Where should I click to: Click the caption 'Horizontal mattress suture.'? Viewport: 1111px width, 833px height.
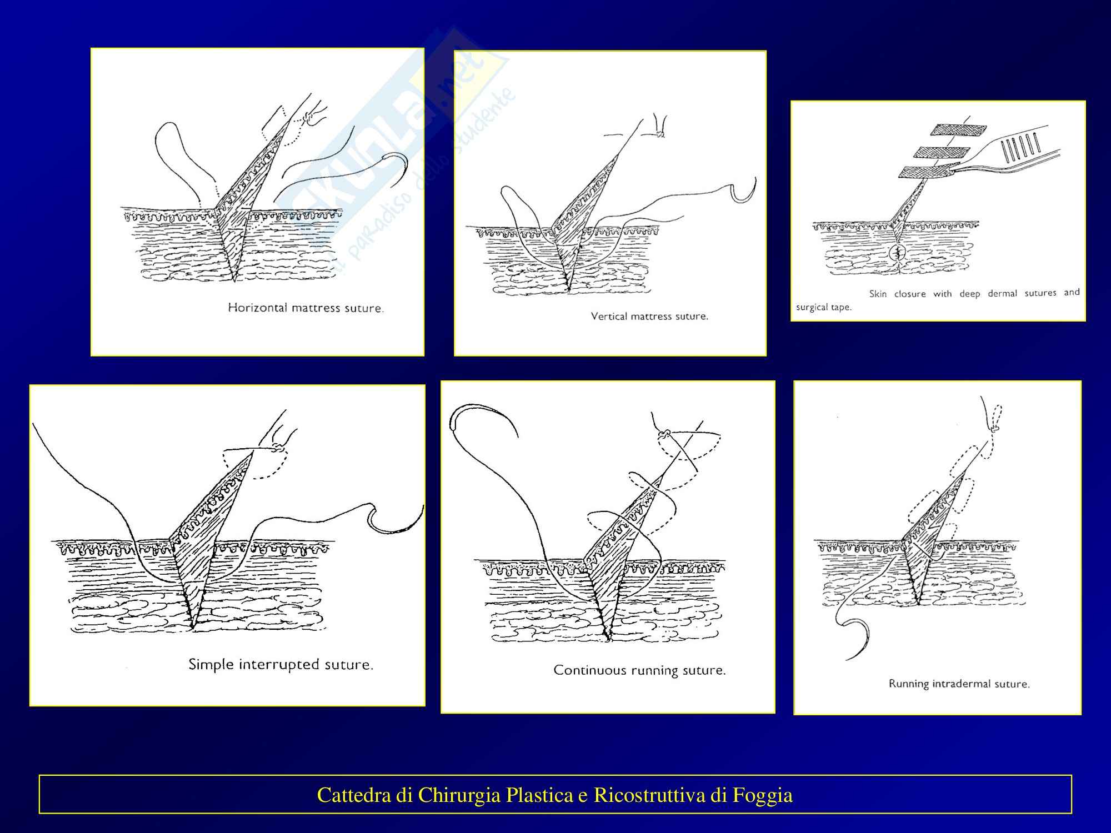306,308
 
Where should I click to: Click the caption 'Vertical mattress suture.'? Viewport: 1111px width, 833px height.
649,317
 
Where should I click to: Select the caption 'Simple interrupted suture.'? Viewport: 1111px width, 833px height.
281,664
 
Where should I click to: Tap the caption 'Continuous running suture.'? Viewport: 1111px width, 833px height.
639,670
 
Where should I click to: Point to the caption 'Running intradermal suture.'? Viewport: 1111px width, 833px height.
959,684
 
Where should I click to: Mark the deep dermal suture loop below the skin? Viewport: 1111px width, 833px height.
897,254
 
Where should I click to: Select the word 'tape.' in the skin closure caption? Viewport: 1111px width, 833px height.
840,308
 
